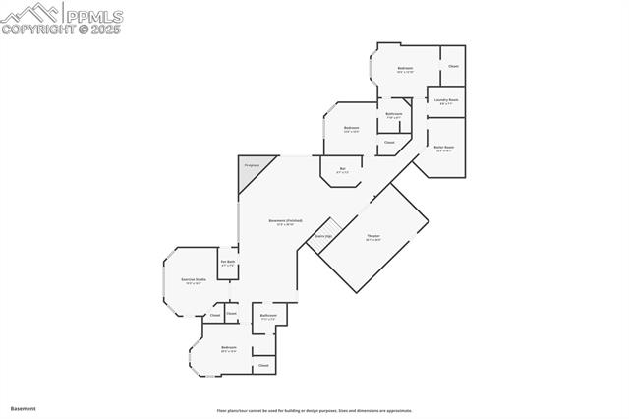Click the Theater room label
click(372, 237)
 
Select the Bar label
click(342, 169)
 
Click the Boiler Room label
click(444, 148)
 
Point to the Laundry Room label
click(447, 100)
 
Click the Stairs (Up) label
click(322, 237)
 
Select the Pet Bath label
click(228, 263)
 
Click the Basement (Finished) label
click(285, 222)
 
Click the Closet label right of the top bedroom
click(453, 66)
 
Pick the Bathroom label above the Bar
click(393, 115)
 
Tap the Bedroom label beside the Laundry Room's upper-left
click(405, 68)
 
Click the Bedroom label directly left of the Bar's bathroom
click(351, 129)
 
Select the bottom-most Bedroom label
click(229, 349)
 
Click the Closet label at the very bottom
click(263, 365)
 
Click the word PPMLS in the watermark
click(96, 14)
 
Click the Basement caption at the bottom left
click(23, 408)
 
